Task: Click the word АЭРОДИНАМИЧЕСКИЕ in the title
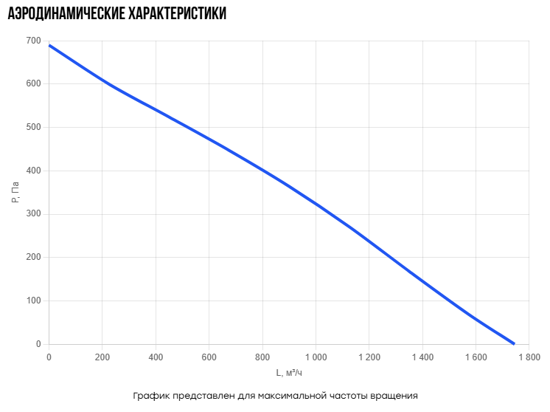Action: click(x=66, y=14)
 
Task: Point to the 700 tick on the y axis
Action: click(x=34, y=41)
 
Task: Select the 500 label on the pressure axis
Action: click(x=34, y=127)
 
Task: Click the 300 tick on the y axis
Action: click(x=34, y=214)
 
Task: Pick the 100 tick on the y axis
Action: click(x=34, y=301)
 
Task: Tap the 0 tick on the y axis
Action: click(x=38, y=344)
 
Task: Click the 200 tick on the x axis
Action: click(x=102, y=357)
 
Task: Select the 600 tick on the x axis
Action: click(x=209, y=357)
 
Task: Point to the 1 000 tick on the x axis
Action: click(x=316, y=357)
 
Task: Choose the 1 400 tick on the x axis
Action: click(x=422, y=357)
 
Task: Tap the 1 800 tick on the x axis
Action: click(x=529, y=357)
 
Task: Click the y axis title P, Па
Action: click(x=15, y=192)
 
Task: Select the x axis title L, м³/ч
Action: click(x=289, y=373)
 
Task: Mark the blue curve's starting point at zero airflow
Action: click(x=49, y=45)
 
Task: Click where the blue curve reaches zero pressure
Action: click(x=514, y=344)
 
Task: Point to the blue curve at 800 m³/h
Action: click(x=262, y=171)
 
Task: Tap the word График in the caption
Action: click(x=151, y=396)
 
